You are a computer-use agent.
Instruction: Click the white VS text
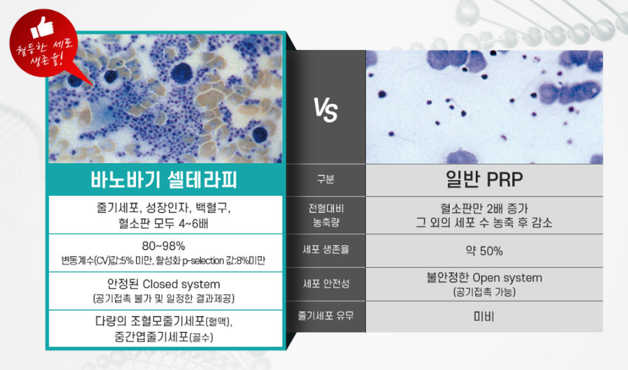[326, 111]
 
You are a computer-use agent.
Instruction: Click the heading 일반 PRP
[484, 179]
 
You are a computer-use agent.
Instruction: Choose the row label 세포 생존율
[326, 249]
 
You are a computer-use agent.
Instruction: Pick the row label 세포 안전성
[326, 284]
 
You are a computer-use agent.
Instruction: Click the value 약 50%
[484, 251]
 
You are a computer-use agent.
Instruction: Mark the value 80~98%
[164, 246]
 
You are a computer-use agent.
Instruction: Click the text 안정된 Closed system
[164, 284]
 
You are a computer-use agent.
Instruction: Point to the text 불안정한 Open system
[484, 278]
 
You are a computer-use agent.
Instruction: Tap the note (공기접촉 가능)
[484, 293]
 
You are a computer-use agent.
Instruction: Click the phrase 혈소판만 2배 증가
[484, 209]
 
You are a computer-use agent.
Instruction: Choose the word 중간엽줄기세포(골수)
[164, 337]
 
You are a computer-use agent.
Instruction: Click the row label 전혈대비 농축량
[326, 215]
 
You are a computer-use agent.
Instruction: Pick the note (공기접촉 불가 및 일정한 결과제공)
[164, 298]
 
